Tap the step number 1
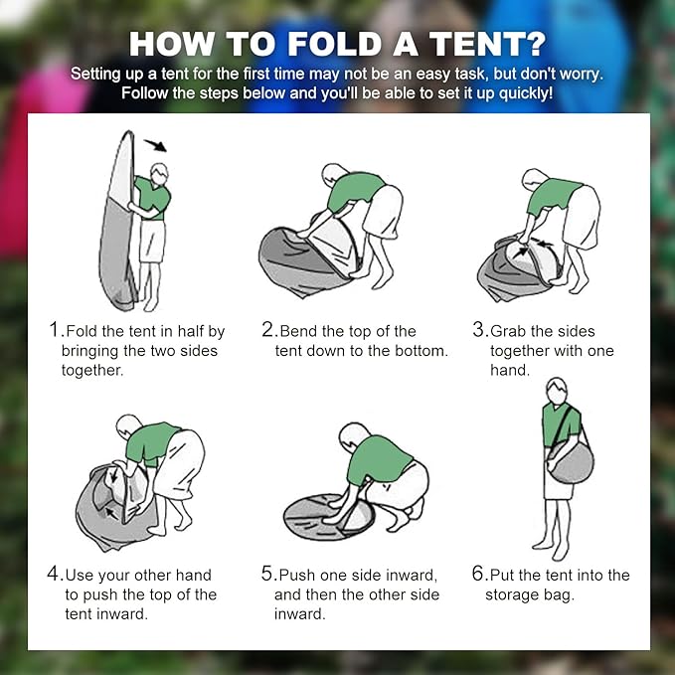tap(55, 331)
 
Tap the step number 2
tap(267, 331)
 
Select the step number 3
tap(478, 331)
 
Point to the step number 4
tap(55, 575)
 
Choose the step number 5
tap(267, 575)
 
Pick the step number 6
tap(478, 575)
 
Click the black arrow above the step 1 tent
tap(154, 146)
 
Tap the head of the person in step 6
tap(556, 389)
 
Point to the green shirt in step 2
tap(353, 189)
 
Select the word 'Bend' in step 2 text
tap(298, 331)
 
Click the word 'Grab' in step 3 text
tap(510, 331)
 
